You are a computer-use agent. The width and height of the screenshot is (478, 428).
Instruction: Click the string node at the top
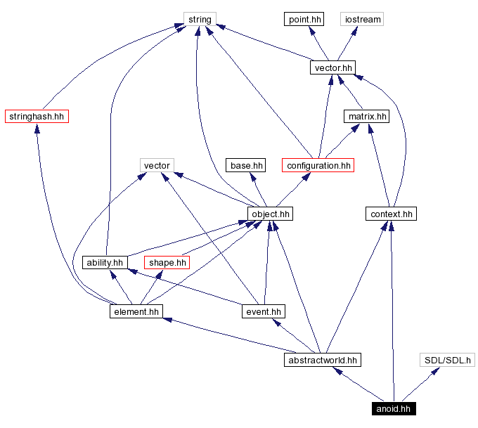coord(200,19)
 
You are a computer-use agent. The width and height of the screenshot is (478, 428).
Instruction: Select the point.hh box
coord(304,19)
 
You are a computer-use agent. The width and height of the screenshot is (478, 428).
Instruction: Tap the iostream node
coord(362,19)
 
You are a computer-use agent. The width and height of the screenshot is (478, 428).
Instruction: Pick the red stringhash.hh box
coord(37,116)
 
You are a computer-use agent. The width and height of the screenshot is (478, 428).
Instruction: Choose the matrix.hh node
coord(366,116)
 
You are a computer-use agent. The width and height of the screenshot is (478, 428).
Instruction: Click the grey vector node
coord(157,165)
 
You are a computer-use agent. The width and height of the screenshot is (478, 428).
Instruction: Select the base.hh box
coord(246,165)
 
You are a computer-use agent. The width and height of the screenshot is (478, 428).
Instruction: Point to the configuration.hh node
coord(318,165)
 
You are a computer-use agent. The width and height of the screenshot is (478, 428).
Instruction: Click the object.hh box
coord(270,214)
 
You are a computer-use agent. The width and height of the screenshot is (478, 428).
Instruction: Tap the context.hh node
coord(392,214)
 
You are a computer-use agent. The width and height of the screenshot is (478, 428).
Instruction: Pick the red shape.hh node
coord(167,262)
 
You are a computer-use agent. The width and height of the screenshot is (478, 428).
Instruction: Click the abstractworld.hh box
coord(323,360)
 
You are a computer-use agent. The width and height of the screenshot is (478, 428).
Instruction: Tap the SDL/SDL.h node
coord(448,360)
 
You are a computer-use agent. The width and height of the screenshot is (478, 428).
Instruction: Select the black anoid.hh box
coord(394,408)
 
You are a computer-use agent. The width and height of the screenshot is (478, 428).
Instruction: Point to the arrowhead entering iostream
coord(356,30)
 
